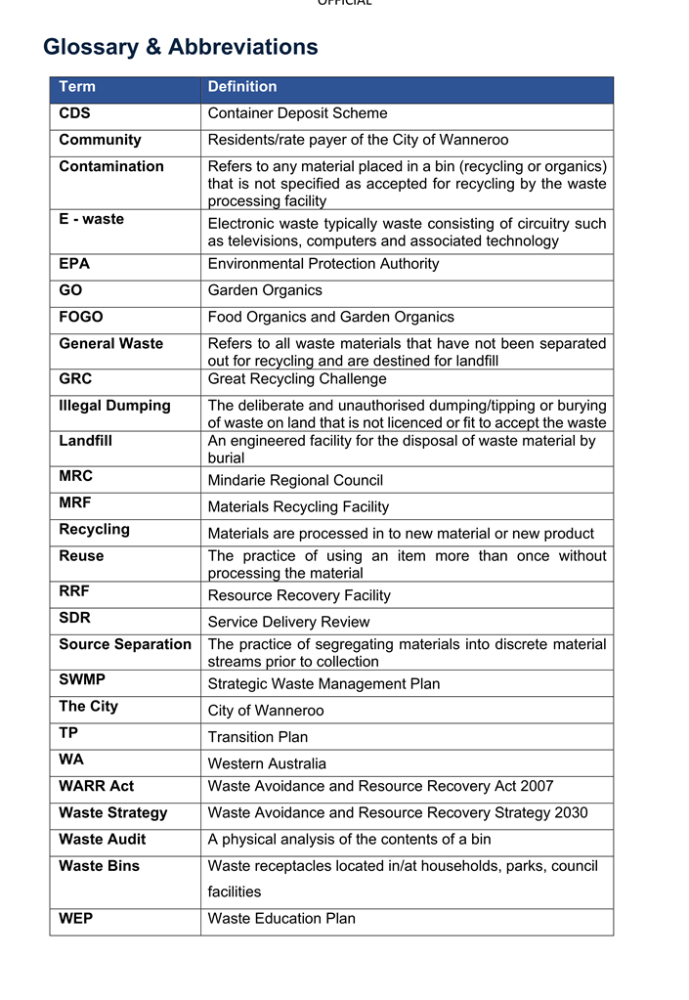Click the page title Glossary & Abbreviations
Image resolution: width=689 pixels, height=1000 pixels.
point(181,47)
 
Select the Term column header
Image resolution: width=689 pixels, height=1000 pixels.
point(77,87)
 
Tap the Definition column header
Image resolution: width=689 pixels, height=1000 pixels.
point(242,87)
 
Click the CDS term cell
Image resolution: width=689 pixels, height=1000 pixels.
point(74,113)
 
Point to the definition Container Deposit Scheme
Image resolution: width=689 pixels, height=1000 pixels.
point(297,113)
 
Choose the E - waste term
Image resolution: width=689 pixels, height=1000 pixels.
point(91,219)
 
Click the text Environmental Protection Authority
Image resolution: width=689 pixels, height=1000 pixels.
point(323,264)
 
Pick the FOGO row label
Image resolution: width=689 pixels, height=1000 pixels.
point(80,317)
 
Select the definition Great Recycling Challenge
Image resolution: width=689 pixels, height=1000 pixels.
point(296,379)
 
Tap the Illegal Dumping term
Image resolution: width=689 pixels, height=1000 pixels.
point(114,406)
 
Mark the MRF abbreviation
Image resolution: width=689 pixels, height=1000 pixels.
point(75,502)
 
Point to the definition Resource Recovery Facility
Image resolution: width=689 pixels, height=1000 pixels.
point(298,595)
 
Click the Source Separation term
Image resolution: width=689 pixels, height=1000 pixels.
point(124,644)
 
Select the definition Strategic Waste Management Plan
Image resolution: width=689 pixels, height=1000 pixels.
point(323,684)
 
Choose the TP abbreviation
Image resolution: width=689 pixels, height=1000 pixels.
point(68,732)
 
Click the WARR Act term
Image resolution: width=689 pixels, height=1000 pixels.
point(96,786)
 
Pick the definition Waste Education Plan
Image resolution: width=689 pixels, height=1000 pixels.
point(281,919)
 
